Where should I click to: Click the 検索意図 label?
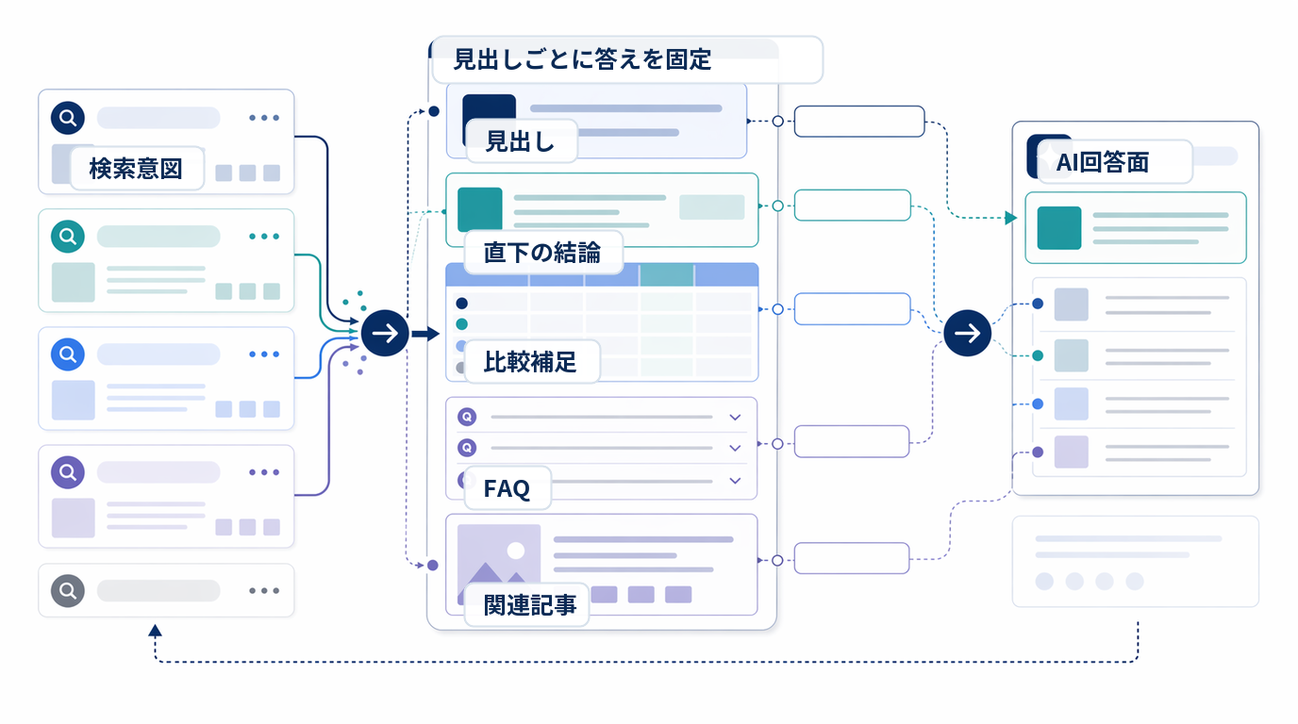[136, 169]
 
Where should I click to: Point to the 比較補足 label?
[530, 362]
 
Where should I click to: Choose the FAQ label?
[507, 488]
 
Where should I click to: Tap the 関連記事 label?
[530, 605]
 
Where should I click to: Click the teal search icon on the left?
[68, 236]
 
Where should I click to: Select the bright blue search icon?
[68, 354]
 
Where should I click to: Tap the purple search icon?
[68, 472]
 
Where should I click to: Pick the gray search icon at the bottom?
[68, 591]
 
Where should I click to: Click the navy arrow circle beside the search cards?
[385, 333]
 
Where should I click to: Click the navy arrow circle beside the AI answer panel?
[967, 333]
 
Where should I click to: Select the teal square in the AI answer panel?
[1058, 228]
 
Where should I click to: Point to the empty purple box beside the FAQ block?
[852, 441]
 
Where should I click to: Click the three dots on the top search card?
[264, 118]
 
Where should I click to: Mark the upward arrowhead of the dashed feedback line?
[155, 631]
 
